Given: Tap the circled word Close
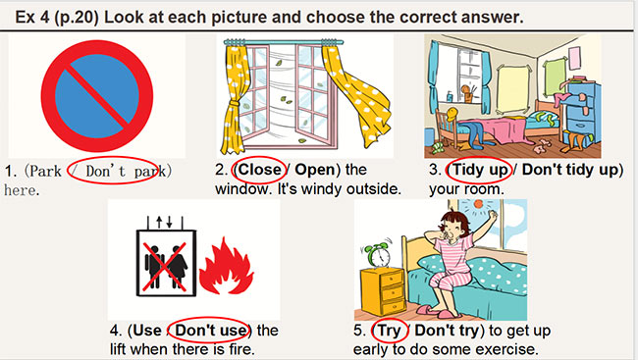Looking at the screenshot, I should (x=258, y=170).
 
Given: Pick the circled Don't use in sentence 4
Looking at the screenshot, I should (x=209, y=330).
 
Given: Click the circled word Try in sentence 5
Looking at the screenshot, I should (x=390, y=330).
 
